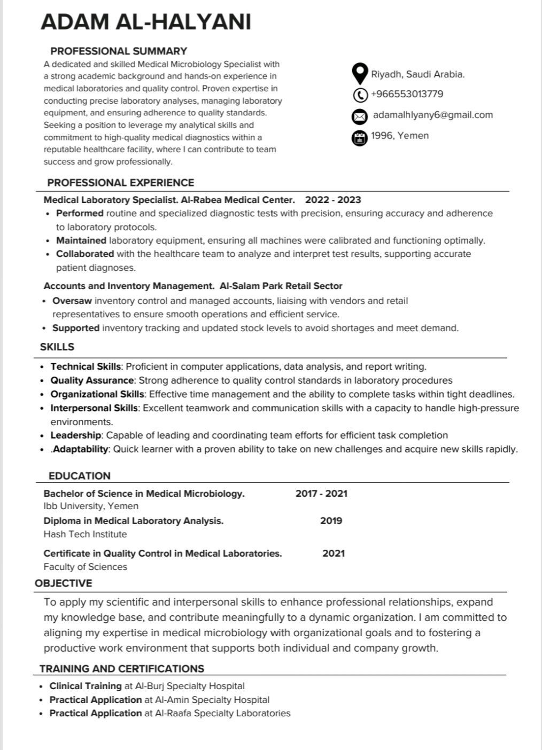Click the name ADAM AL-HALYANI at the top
coord(145,22)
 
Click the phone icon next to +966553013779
coord(360,95)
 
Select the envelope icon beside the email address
coord(360,116)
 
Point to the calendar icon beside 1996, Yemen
coord(360,137)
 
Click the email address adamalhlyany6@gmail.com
coord(432,115)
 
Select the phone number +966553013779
coord(407,94)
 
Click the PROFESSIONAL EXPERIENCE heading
coord(120,183)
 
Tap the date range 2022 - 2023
coord(333,200)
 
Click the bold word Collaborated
coord(85,254)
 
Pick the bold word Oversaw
coord(72,301)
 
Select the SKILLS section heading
coord(57,347)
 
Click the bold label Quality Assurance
coord(92,380)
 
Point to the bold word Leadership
coord(75,435)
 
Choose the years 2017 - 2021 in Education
coord(321,494)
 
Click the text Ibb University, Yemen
coord(91,506)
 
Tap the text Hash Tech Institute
coord(85,534)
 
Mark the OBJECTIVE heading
coord(63,583)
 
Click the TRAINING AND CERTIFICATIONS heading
coord(122,669)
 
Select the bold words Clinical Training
coord(86,686)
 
